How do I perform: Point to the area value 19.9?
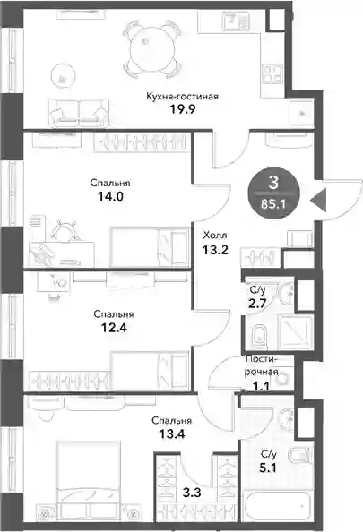point(182,109)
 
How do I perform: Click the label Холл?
point(215,236)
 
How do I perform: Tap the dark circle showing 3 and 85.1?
point(273,193)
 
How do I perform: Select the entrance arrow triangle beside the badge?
point(318,200)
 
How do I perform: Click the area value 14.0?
point(110,196)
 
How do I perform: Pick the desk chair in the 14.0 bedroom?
point(65,231)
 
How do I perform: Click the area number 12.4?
point(114,328)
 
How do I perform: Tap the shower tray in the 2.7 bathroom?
point(296,331)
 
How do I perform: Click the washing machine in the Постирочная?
point(282,377)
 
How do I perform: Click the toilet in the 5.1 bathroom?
point(300,455)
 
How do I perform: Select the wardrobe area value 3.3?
point(192,493)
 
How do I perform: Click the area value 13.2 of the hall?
point(215,250)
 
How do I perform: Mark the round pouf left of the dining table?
point(63,75)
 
